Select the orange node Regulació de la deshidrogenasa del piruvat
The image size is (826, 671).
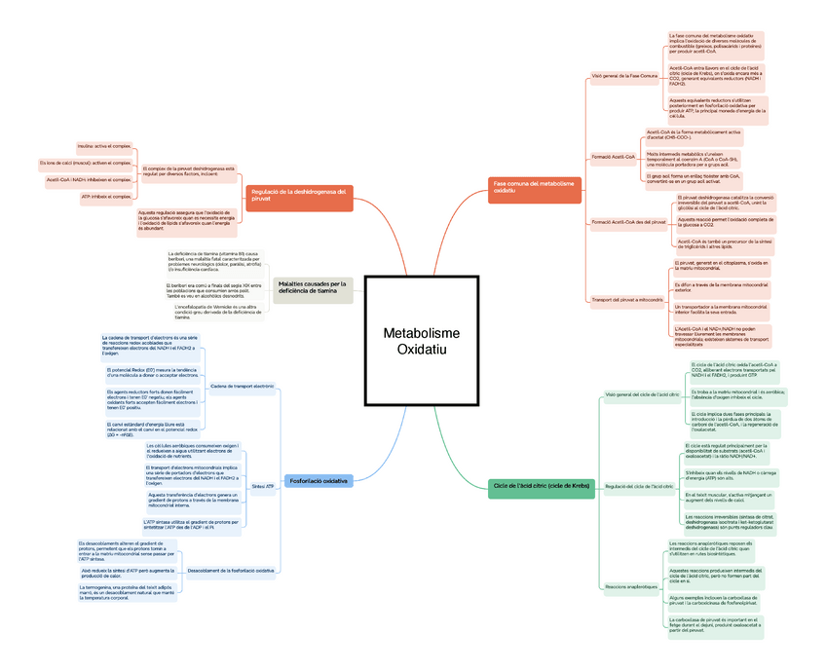(x=298, y=194)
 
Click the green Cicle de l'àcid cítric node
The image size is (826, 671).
(x=542, y=485)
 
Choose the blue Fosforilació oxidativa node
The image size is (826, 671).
(x=319, y=480)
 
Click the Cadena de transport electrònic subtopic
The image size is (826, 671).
(x=242, y=387)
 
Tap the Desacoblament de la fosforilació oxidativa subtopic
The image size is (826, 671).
(x=230, y=570)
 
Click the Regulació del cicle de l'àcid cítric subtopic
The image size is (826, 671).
(x=639, y=485)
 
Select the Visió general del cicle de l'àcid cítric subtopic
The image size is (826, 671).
(x=642, y=394)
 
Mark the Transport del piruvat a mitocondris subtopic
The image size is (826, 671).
(x=627, y=300)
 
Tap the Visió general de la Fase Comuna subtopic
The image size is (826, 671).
(x=624, y=75)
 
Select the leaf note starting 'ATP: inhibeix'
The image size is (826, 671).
(x=105, y=197)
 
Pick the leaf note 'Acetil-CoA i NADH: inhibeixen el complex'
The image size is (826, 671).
(x=89, y=180)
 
